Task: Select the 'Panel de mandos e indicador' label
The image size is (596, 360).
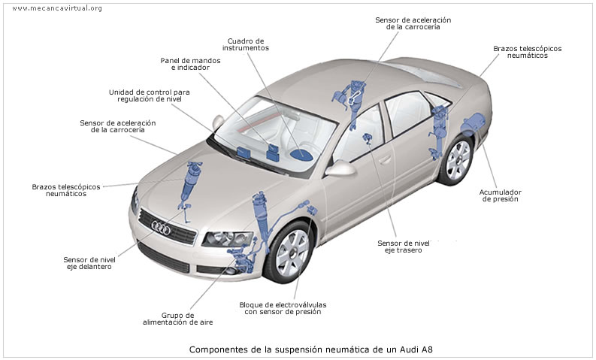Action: point(185,64)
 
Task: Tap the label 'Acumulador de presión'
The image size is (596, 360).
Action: point(500,196)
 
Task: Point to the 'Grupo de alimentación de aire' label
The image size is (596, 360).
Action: point(177,319)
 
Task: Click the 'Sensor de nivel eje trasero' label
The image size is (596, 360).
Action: point(404,247)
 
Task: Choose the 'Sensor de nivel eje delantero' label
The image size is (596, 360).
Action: point(89,263)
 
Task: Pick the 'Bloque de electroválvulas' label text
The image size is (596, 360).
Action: point(283,304)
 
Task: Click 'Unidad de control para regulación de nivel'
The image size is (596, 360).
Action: point(149,95)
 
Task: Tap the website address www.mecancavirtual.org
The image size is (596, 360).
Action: point(57,8)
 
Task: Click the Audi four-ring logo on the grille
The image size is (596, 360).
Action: point(162,225)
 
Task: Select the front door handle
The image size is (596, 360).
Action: point(385,159)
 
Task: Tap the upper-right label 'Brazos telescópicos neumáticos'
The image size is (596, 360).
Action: point(527,53)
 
